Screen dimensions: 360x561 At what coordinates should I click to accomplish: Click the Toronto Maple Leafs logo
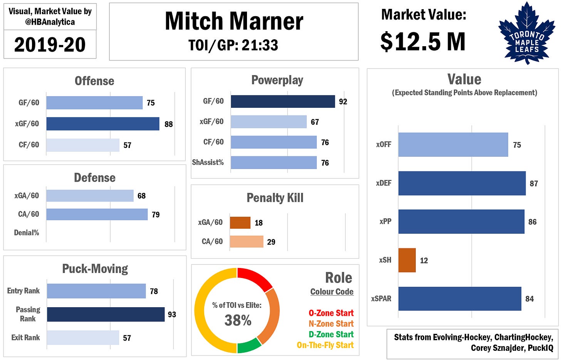tap(526, 33)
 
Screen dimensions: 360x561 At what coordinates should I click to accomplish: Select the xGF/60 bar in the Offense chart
tap(102, 124)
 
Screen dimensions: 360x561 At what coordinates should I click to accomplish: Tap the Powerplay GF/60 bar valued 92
tap(282, 101)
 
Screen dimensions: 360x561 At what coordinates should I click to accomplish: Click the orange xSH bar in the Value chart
tap(407, 260)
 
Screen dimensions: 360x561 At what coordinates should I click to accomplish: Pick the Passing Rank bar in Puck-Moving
tap(106, 314)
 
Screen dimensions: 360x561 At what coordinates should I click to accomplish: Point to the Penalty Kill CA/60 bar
tap(246, 242)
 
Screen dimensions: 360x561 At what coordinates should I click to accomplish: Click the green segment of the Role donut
tap(249, 346)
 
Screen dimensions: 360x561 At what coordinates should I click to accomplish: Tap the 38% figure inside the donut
tap(238, 320)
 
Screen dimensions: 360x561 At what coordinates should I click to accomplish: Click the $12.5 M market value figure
tap(423, 42)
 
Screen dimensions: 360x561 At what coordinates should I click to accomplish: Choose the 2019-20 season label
tap(50, 45)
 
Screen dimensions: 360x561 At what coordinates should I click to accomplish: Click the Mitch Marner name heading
tap(234, 21)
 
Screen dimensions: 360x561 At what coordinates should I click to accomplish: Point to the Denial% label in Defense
tap(27, 233)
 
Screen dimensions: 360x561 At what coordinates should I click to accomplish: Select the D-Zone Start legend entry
tap(331, 334)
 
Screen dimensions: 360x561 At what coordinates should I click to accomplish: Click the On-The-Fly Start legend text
tap(325, 345)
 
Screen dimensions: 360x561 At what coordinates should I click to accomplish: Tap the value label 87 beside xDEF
tap(534, 184)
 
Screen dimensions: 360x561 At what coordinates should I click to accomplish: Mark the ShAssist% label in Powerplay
tap(208, 162)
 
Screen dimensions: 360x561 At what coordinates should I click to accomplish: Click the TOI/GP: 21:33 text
tap(233, 45)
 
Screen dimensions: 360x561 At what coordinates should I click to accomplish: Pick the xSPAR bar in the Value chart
tap(459, 299)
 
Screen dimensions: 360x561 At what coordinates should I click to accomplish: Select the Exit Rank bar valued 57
tap(83, 338)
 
